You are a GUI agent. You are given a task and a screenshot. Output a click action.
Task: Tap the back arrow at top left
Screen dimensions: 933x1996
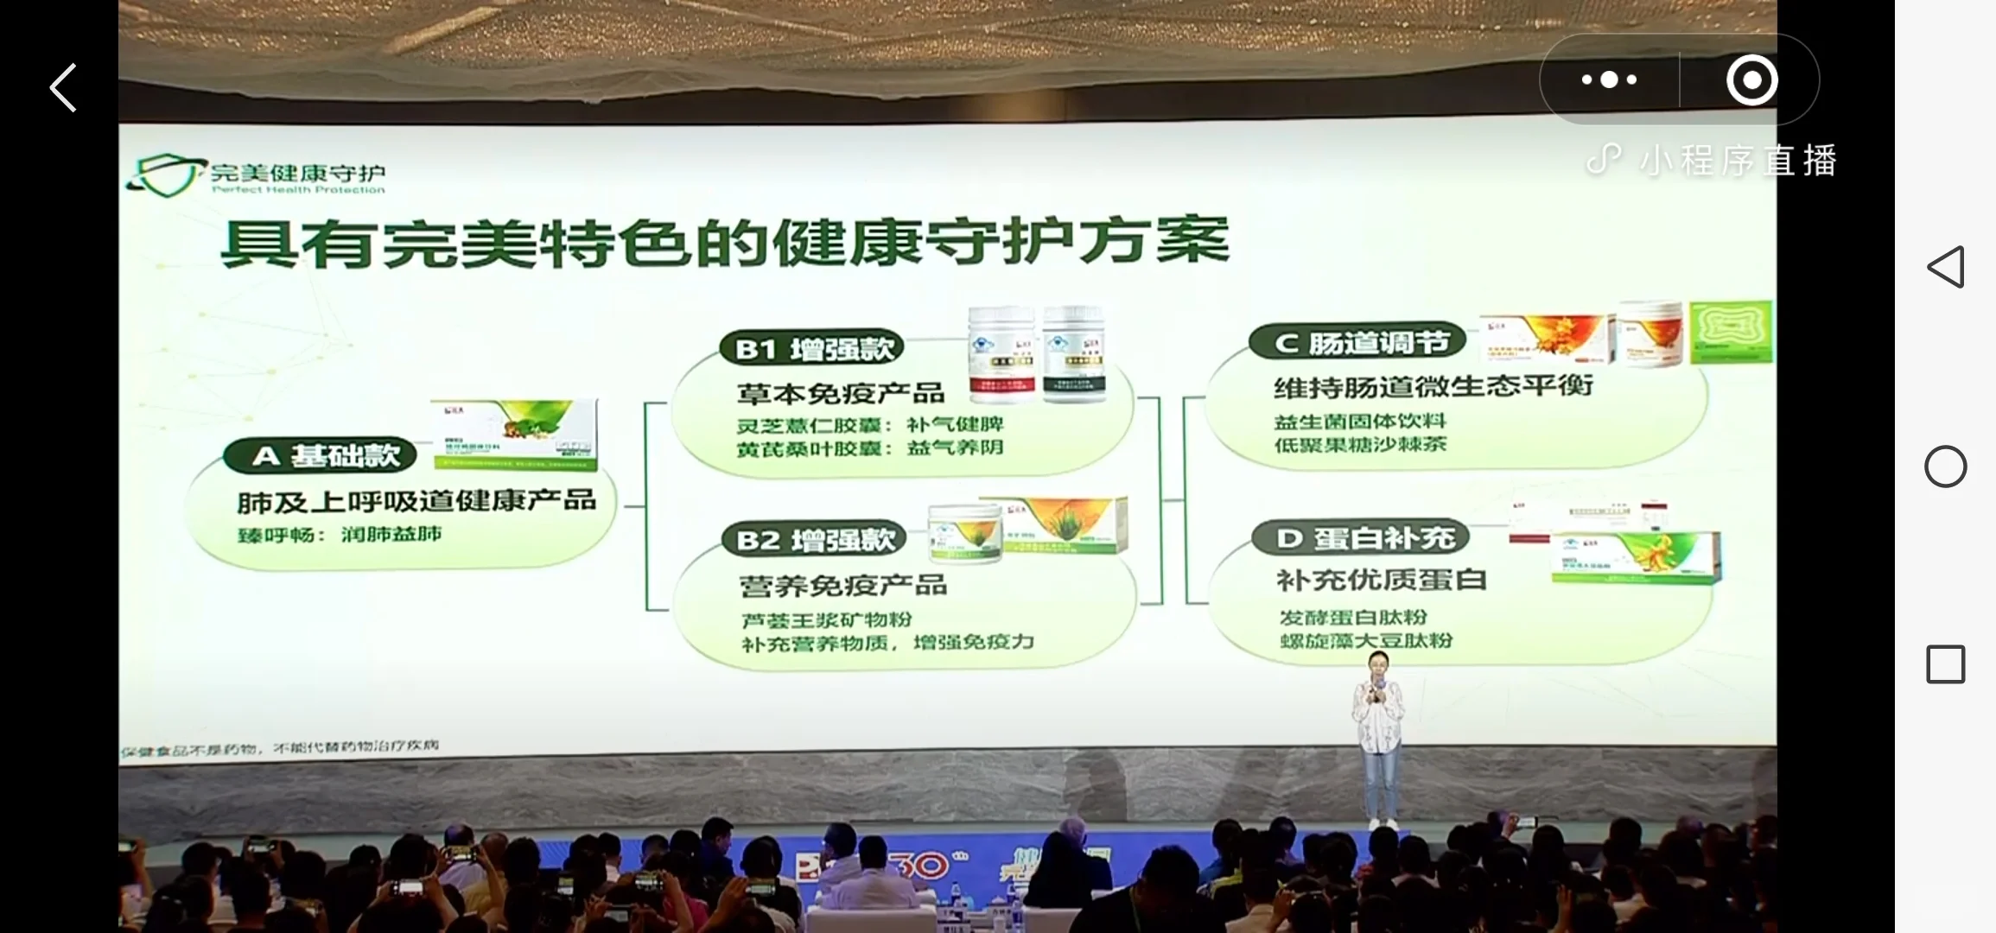(63, 87)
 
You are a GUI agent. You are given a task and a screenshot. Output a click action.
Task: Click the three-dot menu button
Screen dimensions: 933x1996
(1609, 79)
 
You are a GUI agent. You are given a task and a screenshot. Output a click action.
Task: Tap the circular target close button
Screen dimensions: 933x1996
(1751, 80)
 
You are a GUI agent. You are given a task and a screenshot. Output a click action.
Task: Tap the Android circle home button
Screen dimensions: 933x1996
(1945, 466)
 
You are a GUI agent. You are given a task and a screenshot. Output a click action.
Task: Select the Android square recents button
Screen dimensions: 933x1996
(1945, 664)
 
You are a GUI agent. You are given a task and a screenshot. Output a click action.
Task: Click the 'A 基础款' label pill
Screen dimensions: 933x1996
(320, 455)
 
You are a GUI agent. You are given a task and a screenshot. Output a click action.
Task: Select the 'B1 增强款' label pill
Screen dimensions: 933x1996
(812, 348)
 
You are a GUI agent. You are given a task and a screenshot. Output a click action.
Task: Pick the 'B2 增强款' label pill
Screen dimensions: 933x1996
(814, 540)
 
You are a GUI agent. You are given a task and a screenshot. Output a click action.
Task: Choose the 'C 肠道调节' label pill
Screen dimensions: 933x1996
(1358, 343)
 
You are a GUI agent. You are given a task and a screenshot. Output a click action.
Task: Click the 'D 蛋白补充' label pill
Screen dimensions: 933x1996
(1361, 538)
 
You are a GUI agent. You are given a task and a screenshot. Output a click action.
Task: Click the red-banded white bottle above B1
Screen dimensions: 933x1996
(1001, 354)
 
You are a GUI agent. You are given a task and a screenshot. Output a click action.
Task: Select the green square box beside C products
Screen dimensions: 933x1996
(1731, 331)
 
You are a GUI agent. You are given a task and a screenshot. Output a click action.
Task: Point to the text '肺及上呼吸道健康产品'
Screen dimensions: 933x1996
(416, 501)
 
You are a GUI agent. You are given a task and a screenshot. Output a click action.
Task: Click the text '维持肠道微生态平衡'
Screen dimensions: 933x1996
(1433, 386)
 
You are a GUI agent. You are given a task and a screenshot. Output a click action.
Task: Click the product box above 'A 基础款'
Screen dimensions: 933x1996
(514, 434)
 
